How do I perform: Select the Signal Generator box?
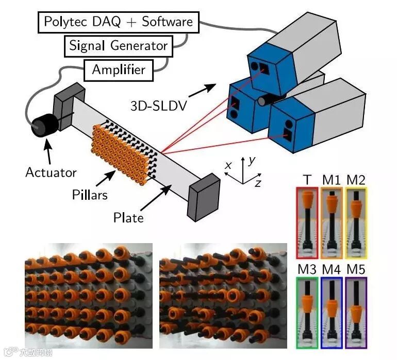[118, 46]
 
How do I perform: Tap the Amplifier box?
[118, 69]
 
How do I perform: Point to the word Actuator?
[51, 172]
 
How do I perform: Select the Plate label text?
[128, 217]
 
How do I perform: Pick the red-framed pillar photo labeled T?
[308, 222]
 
